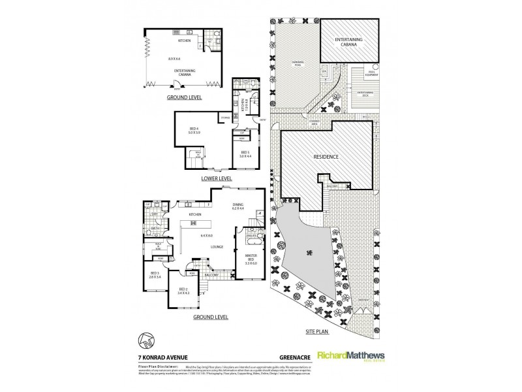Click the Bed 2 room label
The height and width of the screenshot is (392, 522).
183,291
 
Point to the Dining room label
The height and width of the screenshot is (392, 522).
238,206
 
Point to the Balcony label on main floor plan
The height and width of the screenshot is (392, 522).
211,275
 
